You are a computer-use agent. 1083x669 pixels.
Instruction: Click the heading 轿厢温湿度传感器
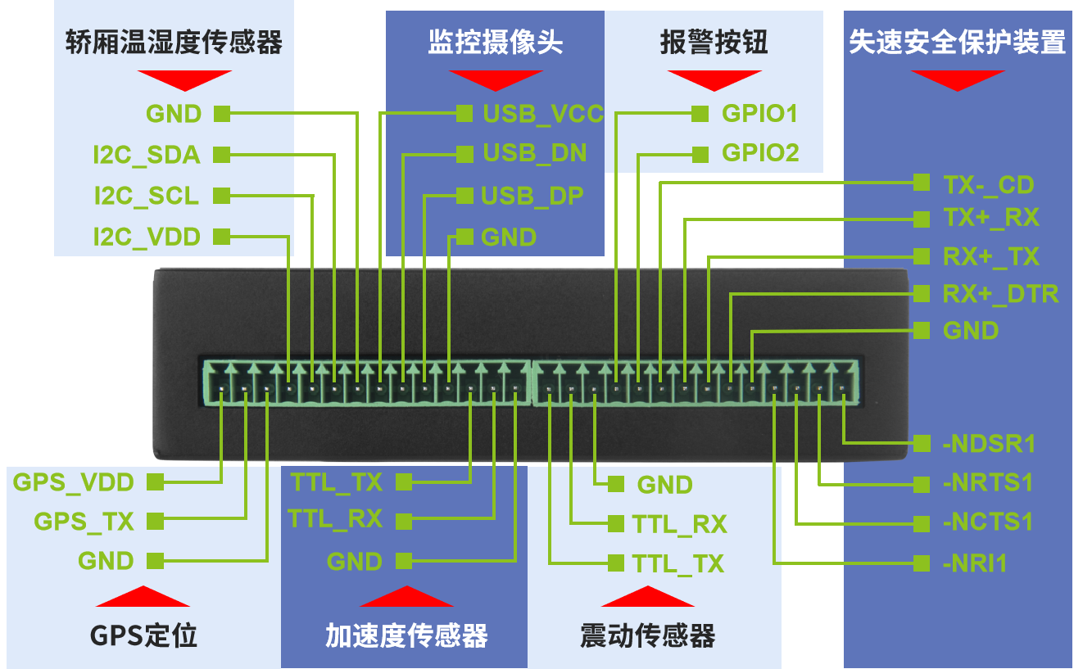coord(174,43)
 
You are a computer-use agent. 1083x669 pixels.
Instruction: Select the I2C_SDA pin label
coord(147,154)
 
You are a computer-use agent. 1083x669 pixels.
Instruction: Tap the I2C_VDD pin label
coord(147,237)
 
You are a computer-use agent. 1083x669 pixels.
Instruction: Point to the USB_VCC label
coord(542,113)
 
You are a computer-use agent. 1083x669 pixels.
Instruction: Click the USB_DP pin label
coord(532,197)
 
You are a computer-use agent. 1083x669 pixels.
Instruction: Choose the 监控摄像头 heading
coord(495,43)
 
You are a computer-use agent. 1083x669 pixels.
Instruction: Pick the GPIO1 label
coord(759,113)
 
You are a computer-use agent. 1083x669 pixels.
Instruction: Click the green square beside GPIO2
coord(700,154)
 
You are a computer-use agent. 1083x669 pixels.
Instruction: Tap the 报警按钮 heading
coord(714,43)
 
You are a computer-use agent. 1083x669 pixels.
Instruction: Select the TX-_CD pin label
coord(988,185)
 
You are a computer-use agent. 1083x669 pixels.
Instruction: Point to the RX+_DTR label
coord(1000,294)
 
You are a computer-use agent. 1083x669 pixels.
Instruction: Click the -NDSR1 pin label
coord(989,444)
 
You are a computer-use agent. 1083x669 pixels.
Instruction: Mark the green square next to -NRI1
coord(922,563)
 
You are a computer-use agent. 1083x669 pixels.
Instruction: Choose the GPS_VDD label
coord(73,482)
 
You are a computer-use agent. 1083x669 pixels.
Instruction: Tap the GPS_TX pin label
coord(84,521)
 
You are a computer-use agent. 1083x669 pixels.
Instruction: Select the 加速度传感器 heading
coord(406,635)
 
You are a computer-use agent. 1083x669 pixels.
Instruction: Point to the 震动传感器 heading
coord(647,635)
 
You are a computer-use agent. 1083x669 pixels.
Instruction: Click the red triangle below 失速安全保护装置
coord(957,79)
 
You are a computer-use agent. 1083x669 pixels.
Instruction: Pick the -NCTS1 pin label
coord(987,522)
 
